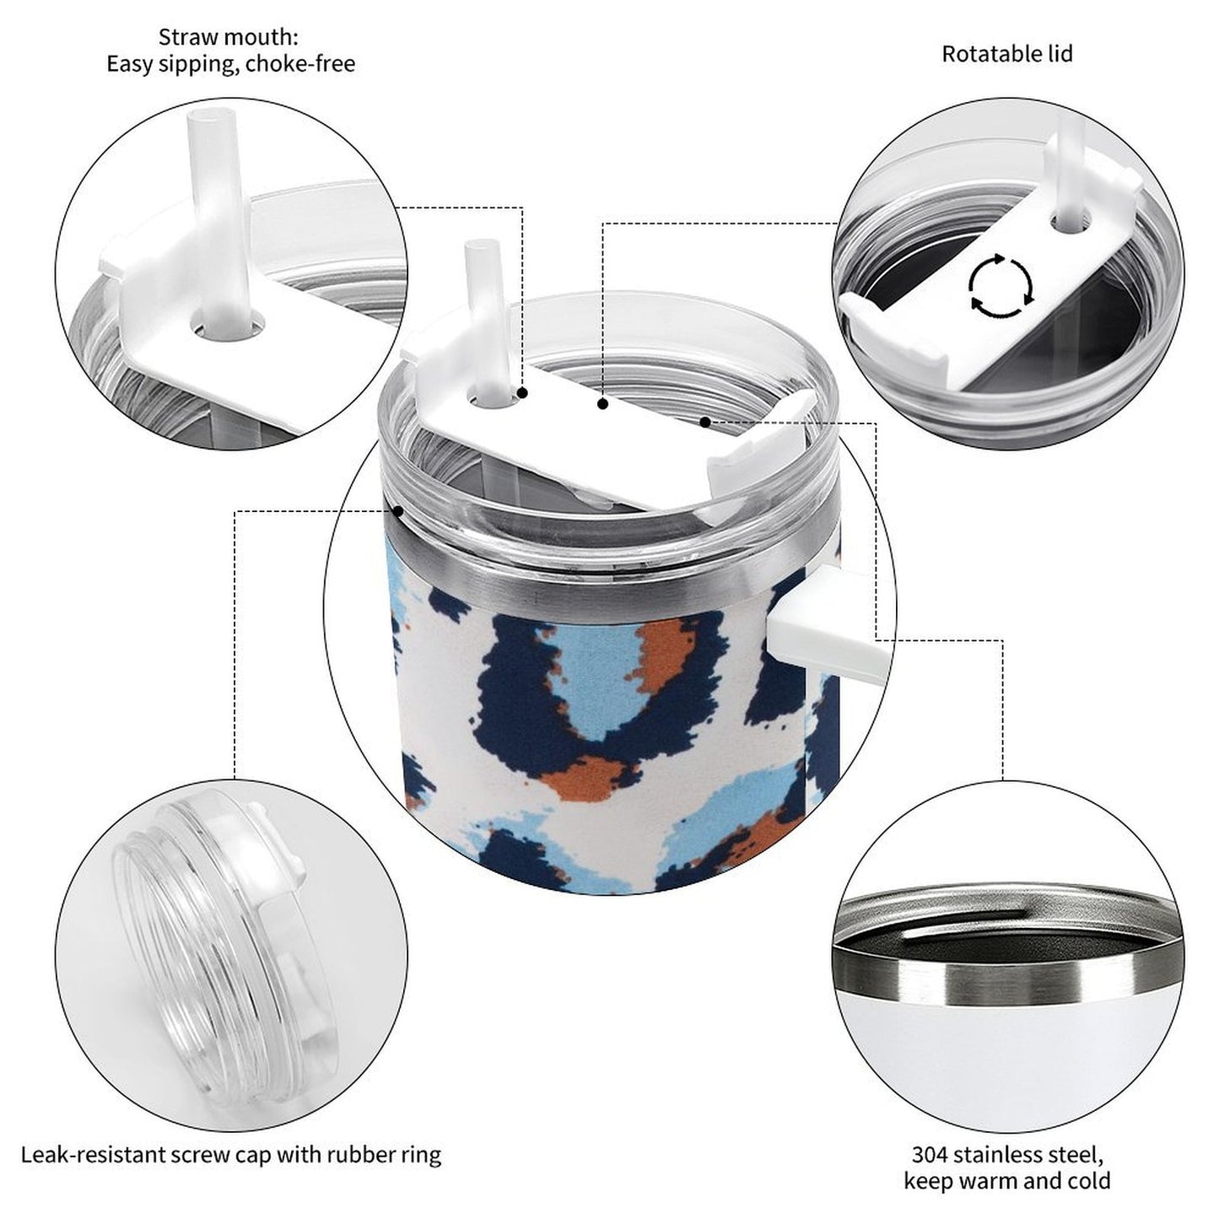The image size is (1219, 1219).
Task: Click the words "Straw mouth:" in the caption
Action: pyautogui.click(x=228, y=37)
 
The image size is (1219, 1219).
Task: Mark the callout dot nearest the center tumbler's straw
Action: pyautogui.click(x=522, y=393)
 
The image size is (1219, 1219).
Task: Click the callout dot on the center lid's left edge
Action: pyautogui.click(x=398, y=510)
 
